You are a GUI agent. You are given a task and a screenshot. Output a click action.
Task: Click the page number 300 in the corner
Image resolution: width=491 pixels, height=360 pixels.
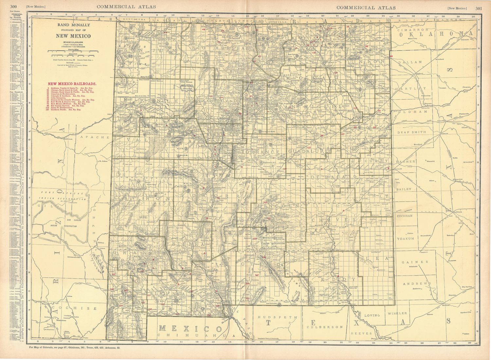(13, 7)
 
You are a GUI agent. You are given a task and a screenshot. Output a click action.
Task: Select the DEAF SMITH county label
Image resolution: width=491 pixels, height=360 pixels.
(412, 132)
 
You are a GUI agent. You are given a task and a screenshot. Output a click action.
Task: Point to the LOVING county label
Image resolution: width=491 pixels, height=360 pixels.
(372, 315)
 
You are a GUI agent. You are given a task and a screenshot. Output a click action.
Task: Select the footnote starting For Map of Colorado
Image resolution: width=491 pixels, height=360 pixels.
(75, 348)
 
